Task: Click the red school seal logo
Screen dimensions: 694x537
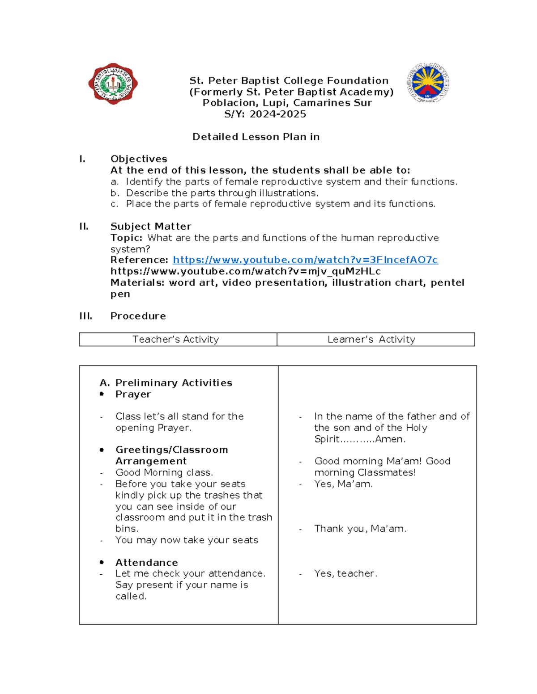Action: click(x=113, y=84)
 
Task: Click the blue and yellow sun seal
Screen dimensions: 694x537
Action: click(x=428, y=83)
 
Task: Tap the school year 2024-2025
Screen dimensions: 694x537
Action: click(x=277, y=114)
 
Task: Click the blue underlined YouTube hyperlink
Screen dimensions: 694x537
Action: click(x=305, y=260)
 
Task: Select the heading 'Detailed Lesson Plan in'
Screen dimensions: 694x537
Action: click(x=256, y=137)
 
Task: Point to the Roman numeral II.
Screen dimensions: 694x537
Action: click(x=84, y=227)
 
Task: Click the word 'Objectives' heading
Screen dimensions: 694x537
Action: click(x=139, y=159)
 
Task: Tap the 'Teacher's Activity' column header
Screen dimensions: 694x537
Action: click(x=176, y=340)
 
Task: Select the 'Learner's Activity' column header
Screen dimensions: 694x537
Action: click(x=371, y=340)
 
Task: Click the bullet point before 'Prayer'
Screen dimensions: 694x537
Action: click(x=102, y=394)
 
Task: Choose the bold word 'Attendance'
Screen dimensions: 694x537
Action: click(x=147, y=563)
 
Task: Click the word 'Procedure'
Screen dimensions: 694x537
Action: click(x=138, y=316)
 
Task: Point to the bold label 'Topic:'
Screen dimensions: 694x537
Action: click(x=127, y=238)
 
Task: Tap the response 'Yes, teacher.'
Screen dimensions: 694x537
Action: click(x=345, y=574)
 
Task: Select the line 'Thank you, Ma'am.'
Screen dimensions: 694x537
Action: click(x=360, y=529)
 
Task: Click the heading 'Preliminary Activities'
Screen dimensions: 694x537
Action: click(x=174, y=383)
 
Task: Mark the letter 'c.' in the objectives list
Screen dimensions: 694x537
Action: click(x=115, y=204)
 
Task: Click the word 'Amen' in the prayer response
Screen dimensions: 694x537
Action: click(x=389, y=439)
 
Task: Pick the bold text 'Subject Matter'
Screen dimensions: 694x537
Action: click(x=151, y=227)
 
